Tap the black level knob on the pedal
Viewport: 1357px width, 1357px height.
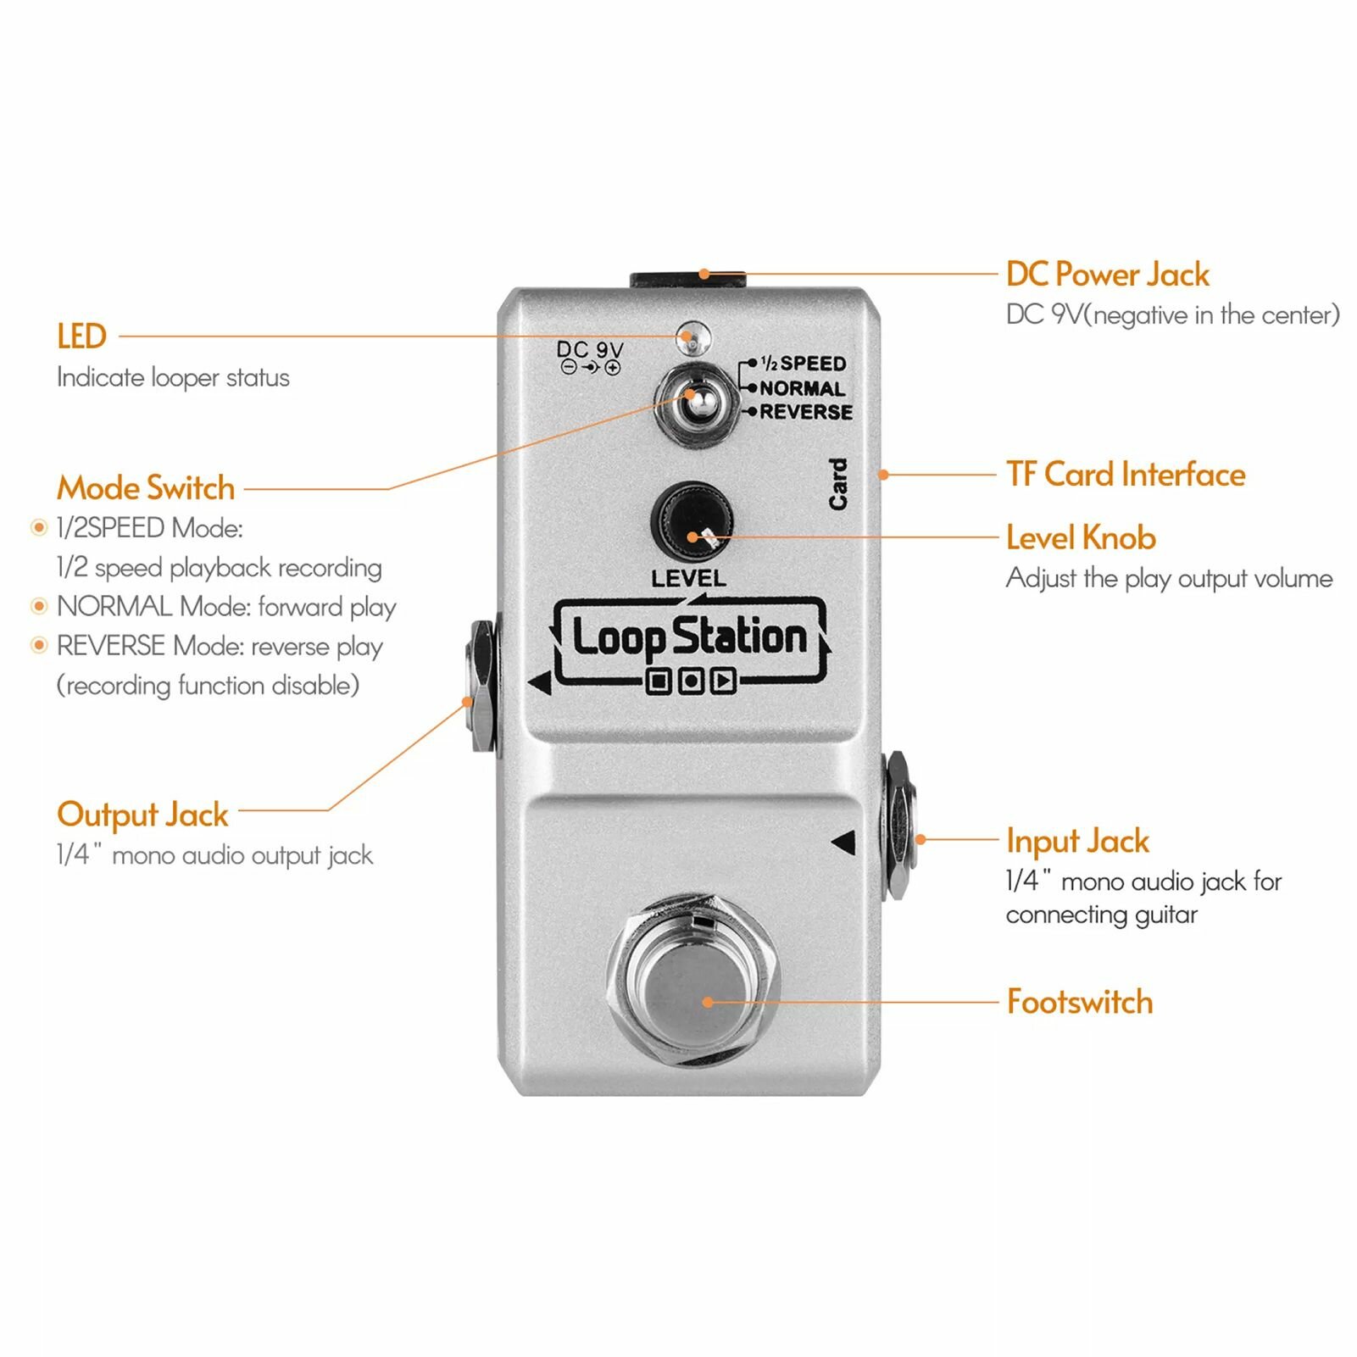(x=692, y=521)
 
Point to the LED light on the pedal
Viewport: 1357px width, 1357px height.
(x=694, y=337)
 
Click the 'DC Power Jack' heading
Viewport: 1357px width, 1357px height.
(x=1107, y=275)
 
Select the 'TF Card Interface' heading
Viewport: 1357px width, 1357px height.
(x=1126, y=475)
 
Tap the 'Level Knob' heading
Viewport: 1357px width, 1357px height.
(x=1081, y=538)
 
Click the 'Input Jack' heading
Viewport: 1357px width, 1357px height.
(x=1077, y=841)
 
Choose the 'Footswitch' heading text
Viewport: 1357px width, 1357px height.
(x=1080, y=1002)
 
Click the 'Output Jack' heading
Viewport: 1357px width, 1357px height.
(x=142, y=815)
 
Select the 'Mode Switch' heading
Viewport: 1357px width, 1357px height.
(x=146, y=488)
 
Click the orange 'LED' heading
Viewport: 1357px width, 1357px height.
(x=81, y=336)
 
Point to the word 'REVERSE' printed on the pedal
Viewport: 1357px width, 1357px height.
(x=806, y=412)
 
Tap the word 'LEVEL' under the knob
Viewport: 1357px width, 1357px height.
(x=688, y=579)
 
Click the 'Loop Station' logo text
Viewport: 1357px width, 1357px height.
(x=690, y=637)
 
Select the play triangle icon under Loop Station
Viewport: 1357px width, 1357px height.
(x=723, y=681)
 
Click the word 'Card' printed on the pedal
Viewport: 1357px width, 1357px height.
(x=837, y=484)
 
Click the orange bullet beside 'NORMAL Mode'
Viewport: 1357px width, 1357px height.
(x=38, y=606)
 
